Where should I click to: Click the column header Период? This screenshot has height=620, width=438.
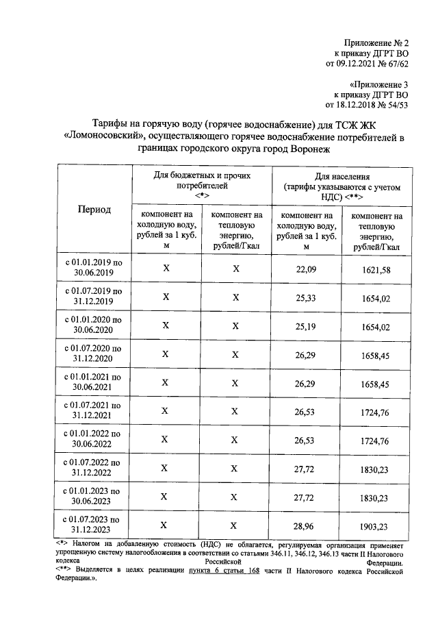pos(94,210)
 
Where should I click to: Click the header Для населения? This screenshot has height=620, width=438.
pos(342,176)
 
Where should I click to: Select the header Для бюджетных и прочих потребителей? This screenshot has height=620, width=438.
pos(201,181)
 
